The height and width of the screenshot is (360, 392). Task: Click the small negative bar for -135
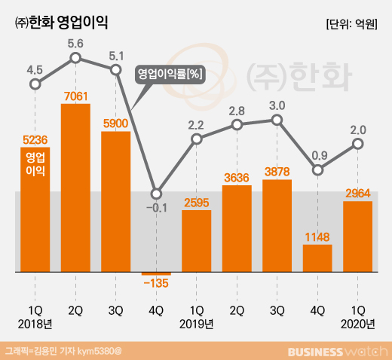156,273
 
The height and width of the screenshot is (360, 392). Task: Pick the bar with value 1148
317,257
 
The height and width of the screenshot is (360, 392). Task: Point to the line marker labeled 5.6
75,58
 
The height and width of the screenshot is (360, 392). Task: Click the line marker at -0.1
156,193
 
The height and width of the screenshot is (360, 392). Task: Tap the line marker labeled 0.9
317,171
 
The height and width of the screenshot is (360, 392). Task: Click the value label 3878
277,171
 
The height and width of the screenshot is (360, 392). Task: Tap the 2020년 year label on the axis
358,324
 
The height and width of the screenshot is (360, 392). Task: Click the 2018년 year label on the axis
35,324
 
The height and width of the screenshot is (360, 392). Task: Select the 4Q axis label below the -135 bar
156,309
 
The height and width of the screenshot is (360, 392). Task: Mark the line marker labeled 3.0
277,120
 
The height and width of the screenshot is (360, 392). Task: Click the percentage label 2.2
197,123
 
